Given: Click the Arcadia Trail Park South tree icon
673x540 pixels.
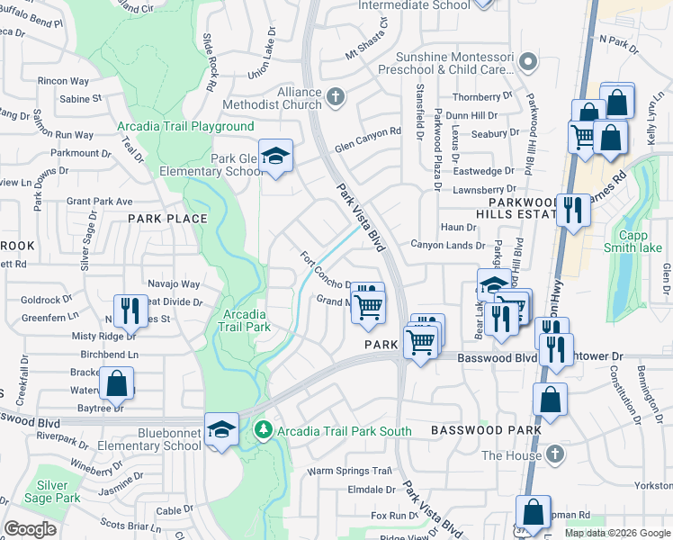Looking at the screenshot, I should tap(263, 431).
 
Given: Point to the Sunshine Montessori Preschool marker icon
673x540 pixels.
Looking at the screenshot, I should tap(528, 62).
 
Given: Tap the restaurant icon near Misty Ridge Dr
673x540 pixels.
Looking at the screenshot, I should tap(130, 310).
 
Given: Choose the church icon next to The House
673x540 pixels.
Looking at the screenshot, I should tap(555, 454).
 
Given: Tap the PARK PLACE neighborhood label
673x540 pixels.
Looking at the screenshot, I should tap(167, 219).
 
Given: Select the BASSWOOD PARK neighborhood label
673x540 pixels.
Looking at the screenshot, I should tap(486, 430).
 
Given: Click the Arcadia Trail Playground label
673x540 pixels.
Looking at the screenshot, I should tap(185, 127).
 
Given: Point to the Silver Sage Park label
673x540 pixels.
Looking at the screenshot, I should tap(59, 490).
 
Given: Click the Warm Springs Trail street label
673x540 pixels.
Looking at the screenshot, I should tap(350, 471).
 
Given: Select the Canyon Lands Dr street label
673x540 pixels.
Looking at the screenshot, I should tap(447, 244).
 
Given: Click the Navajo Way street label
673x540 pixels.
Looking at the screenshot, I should tap(168, 283).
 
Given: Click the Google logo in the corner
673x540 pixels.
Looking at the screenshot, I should tap(31, 529).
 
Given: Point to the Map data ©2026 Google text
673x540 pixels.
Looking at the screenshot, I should tap(616, 533).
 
